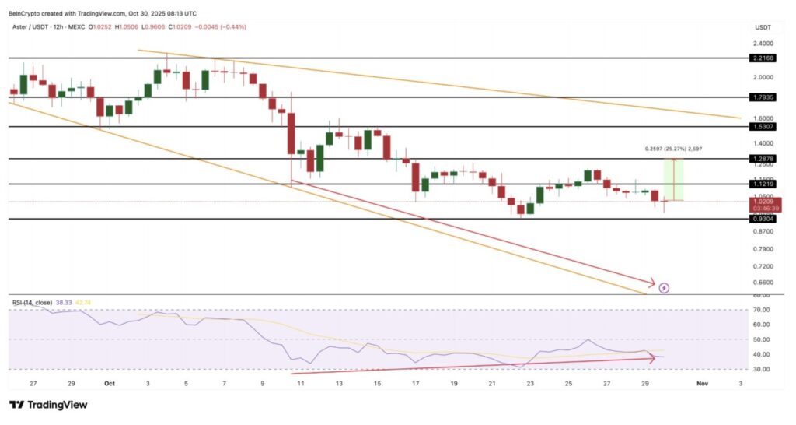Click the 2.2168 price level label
click(x=763, y=58)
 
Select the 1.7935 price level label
click(x=763, y=97)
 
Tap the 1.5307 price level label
click(x=763, y=126)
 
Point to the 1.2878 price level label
click(x=763, y=159)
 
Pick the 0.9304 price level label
click(x=763, y=220)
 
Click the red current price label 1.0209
click(x=763, y=201)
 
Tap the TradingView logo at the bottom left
click(x=48, y=405)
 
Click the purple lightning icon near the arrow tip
click(x=664, y=288)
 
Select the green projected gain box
click(x=673, y=180)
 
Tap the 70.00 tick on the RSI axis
click(x=761, y=310)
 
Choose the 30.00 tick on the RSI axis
click(x=761, y=369)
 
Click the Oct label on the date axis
click(x=110, y=383)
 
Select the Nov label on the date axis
click(x=702, y=383)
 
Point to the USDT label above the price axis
click(x=763, y=27)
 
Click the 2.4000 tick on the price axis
click(x=763, y=44)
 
